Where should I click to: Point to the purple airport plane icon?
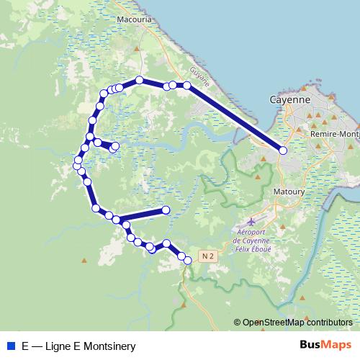(251, 221)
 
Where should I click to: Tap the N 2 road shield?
(209, 256)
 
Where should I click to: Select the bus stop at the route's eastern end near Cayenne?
(283, 150)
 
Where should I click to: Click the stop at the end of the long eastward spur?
(166, 210)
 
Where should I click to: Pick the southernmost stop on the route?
(188, 261)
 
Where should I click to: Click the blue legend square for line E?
(10, 346)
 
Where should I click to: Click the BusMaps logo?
(325, 345)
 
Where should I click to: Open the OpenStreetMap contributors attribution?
(297, 323)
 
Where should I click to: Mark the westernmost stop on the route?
(77, 166)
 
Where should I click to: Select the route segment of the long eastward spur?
(140, 215)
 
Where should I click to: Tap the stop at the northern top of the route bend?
(139, 80)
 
